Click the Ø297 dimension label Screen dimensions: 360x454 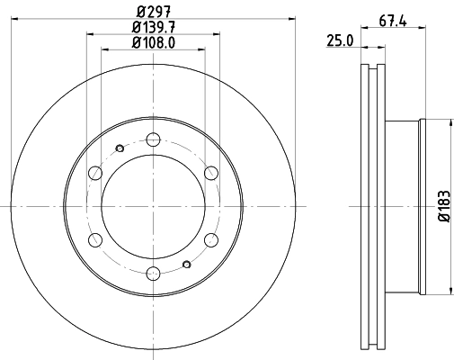pyautogui.click(x=153, y=10)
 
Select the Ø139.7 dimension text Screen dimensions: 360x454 pyautogui.click(x=153, y=26)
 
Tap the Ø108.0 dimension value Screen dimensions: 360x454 pyautogui.click(x=153, y=41)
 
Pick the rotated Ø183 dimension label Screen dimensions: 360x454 pyautogui.click(x=442, y=207)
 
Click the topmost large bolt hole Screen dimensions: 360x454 pyautogui.click(x=153, y=139)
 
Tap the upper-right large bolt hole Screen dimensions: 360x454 pyautogui.click(x=211, y=173)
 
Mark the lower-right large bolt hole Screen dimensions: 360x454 pyautogui.click(x=211, y=240)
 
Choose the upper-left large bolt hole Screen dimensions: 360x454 pyautogui.click(x=94, y=173)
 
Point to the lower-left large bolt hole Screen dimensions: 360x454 pyautogui.click(x=94, y=240)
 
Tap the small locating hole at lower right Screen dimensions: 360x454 pyautogui.click(x=185, y=264)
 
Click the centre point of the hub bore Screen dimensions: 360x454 pyautogui.click(x=153, y=207)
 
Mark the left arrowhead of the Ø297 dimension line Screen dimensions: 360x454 pyautogui.click(x=22, y=17)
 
